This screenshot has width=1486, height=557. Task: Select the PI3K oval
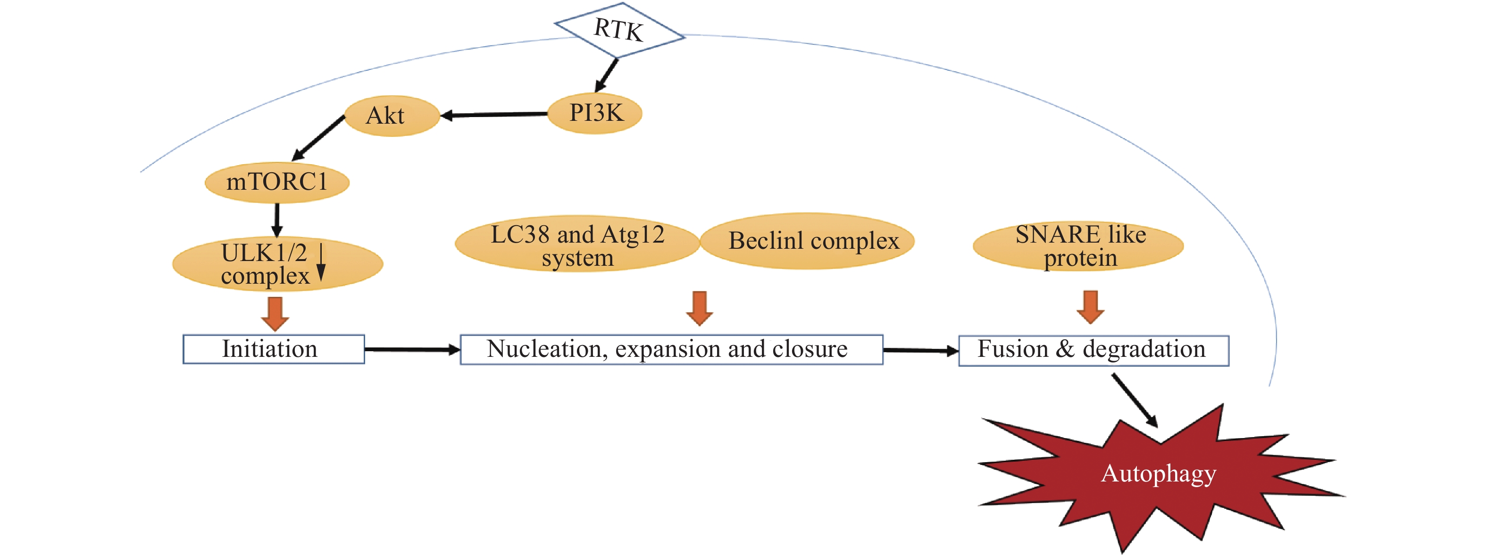point(595,113)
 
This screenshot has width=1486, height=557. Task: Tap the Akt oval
point(392,116)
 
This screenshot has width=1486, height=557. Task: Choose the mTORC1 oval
point(277,182)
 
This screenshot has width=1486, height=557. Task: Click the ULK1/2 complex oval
point(277,264)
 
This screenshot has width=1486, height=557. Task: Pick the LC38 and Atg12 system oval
point(577,245)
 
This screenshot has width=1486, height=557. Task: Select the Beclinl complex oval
point(808,241)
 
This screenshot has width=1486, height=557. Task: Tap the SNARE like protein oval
point(1077,246)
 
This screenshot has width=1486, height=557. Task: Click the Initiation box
point(274,349)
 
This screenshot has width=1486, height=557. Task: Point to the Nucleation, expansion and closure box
point(671,349)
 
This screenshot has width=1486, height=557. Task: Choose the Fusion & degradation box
point(1093,350)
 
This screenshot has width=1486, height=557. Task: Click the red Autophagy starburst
point(1158,476)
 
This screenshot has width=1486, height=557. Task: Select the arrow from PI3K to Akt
point(494,115)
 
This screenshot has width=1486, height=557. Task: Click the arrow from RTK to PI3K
point(607,75)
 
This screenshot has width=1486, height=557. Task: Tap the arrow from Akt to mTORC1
point(318,138)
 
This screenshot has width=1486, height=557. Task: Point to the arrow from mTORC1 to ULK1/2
point(277,220)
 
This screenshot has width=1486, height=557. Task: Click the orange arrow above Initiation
point(275,313)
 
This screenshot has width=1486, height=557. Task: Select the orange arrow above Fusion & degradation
point(1090,307)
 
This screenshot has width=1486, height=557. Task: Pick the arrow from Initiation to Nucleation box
point(412,349)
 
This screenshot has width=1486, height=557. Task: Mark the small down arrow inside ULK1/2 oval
point(321,262)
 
